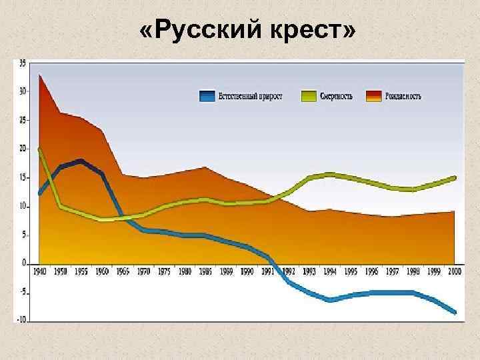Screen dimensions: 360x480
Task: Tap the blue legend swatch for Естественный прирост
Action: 207,96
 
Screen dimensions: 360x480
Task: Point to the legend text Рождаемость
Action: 403,96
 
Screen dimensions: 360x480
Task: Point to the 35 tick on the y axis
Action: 23,63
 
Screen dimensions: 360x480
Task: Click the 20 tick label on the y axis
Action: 23,149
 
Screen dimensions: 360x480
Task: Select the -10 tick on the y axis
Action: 22,319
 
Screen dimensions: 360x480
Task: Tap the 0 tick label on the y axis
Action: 25,262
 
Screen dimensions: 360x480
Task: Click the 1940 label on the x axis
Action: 40,271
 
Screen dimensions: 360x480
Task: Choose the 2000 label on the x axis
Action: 455,271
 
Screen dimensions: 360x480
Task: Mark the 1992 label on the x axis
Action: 289,271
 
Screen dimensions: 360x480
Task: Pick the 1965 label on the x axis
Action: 123,271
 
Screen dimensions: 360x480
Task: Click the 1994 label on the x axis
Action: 329,271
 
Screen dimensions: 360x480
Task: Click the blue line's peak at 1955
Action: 81,161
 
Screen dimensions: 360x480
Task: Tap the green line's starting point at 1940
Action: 40,149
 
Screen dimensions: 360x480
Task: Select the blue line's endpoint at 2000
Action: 455,312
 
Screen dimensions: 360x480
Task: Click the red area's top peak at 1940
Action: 40,75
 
